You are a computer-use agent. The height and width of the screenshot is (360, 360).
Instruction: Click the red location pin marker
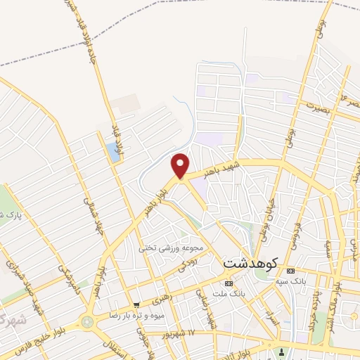click(x=181, y=165)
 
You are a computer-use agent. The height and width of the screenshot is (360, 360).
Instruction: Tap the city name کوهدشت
click(x=251, y=262)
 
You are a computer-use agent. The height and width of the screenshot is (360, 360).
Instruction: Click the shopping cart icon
click(x=136, y=305)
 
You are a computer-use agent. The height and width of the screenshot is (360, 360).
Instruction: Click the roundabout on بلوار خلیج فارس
click(x=88, y=322)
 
